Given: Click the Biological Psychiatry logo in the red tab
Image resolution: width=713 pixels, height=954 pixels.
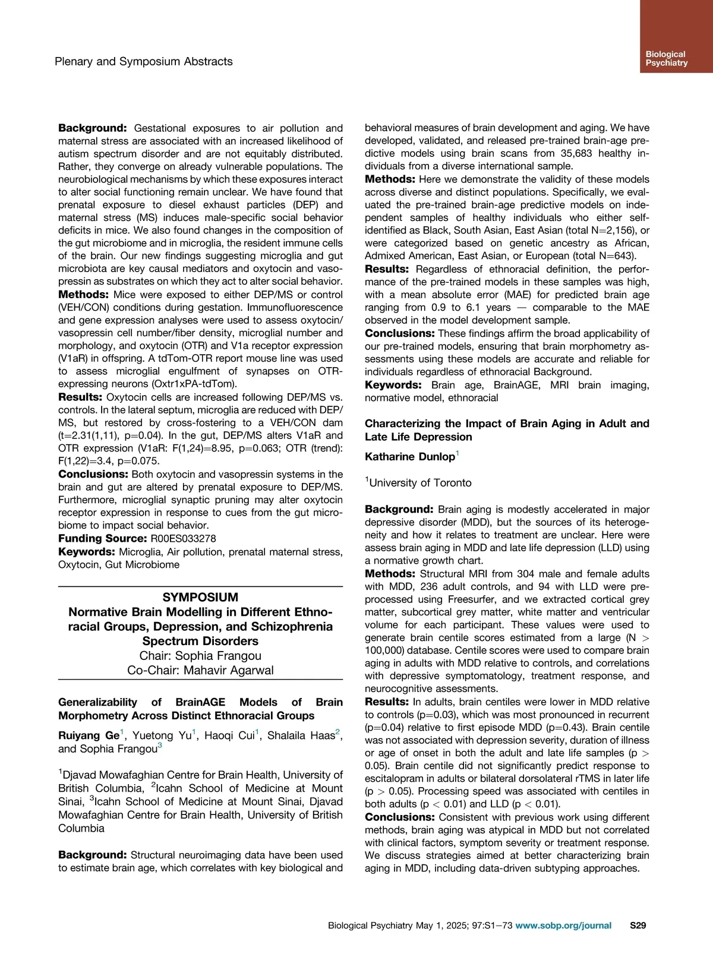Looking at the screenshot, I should point(666,58).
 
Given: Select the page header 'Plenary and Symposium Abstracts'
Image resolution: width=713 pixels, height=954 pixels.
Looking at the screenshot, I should point(143,61).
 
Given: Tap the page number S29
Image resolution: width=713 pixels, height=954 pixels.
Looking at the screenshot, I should point(638,925).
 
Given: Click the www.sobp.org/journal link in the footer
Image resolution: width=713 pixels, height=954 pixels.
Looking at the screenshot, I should point(563,925).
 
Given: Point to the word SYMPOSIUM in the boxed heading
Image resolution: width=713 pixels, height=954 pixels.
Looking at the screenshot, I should point(200,597).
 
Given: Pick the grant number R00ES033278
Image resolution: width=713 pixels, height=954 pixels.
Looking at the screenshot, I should point(183,538).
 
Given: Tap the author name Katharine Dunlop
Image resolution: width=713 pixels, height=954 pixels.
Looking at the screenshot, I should point(410,457).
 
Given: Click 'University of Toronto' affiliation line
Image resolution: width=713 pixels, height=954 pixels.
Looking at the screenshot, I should point(420,483).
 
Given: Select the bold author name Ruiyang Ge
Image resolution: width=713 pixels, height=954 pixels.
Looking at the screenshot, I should point(89,735).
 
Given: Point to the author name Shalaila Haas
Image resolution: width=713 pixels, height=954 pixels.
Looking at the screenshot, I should point(301,735).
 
